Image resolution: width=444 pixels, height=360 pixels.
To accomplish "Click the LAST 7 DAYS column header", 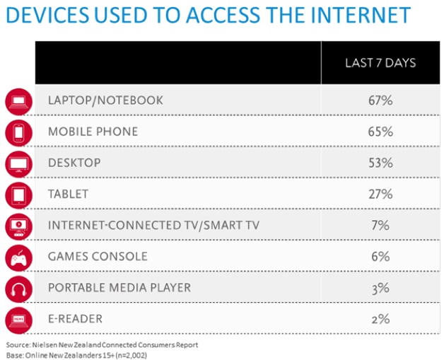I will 380,63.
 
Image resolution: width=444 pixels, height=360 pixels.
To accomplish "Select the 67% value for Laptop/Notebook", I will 380,100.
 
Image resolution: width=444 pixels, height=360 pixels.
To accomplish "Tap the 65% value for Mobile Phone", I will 380,132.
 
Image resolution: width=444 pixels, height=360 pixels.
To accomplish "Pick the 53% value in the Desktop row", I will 380,163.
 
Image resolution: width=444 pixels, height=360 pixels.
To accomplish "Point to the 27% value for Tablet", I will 380,194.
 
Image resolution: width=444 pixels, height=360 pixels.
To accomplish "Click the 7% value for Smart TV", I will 380,225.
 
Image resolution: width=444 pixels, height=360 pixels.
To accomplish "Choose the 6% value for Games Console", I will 380,256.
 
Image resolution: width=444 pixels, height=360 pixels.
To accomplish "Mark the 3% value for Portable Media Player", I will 380,287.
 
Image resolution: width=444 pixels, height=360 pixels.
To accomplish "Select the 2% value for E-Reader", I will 380,318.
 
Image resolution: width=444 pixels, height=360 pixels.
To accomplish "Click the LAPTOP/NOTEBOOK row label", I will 105,100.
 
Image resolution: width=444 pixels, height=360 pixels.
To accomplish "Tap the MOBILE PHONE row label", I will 93,132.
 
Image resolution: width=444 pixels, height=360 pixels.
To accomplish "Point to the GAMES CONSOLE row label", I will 98,256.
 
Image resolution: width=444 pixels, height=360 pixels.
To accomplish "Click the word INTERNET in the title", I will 349,16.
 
